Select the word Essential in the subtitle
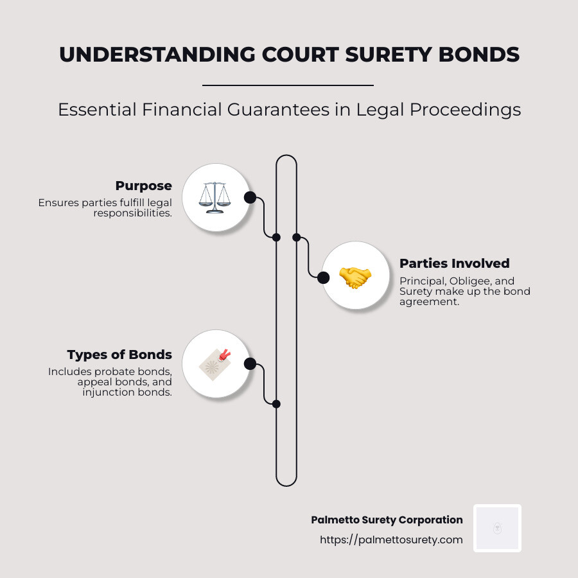tap(95, 110)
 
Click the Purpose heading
tap(143, 186)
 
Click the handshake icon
tap(355, 277)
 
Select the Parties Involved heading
tap(454, 263)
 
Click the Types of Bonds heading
tap(119, 355)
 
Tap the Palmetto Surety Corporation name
tap(387, 520)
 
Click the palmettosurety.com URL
tap(391, 539)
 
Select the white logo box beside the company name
tap(497, 528)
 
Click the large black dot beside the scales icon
tap(250, 197)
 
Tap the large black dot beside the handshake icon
tap(324, 277)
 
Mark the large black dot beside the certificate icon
tap(250, 364)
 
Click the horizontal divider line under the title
tap(288, 85)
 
